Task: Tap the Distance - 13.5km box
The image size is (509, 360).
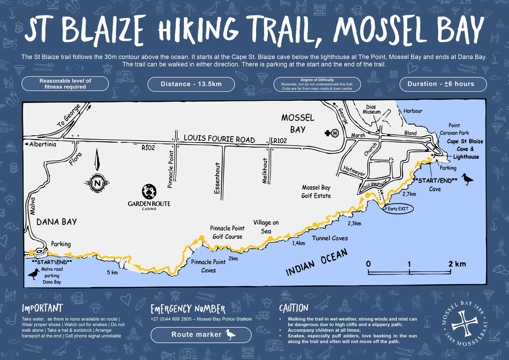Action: coord(191,84)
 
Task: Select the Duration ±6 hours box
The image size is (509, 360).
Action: coord(443,84)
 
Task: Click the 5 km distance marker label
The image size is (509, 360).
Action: coord(112,273)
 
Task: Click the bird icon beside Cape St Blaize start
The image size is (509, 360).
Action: coord(467,179)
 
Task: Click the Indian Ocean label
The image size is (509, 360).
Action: coord(316,263)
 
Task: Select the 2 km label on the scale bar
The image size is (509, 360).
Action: coord(457,264)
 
